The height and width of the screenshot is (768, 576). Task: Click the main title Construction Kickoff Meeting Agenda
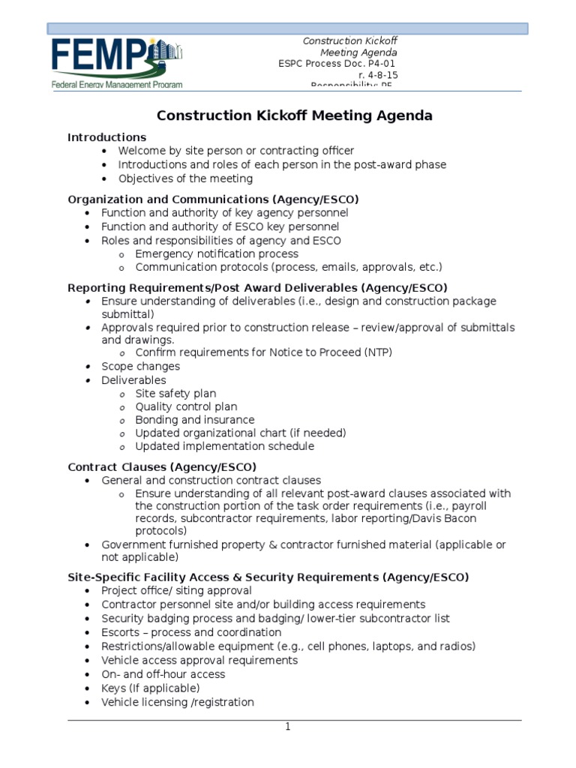[x=294, y=115]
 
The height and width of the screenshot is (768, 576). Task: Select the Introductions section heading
[x=106, y=137]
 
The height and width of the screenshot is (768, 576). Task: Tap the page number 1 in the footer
[x=286, y=727]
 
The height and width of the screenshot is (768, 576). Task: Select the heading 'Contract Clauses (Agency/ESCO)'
[x=162, y=466]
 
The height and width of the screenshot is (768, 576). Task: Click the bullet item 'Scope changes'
[x=140, y=366]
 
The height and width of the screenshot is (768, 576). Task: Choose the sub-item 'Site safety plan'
[x=175, y=393]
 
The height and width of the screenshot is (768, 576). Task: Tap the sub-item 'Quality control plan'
[x=186, y=406]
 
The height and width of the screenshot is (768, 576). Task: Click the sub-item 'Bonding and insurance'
[x=194, y=420]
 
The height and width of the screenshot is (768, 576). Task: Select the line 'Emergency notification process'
[x=216, y=253]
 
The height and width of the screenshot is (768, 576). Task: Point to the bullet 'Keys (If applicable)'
[x=150, y=688]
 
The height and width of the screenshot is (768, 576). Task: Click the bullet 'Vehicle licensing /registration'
[x=178, y=702]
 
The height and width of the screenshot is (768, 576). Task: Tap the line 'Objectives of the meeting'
[x=185, y=178]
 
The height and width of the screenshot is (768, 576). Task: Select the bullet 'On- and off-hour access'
[x=163, y=674]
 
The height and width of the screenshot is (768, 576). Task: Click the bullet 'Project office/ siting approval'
[x=176, y=590]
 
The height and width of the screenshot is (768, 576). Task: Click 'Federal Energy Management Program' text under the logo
[x=116, y=85]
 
